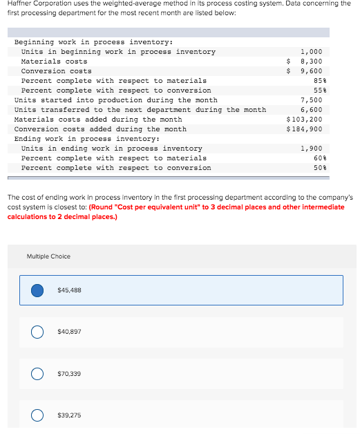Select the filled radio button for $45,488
(x=39, y=290)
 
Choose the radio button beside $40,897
(x=39, y=332)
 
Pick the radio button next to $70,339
(x=39, y=373)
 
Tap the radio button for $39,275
(x=39, y=415)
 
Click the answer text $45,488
(x=70, y=290)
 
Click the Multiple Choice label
(x=48, y=256)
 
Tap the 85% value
(x=317, y=81)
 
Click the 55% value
(x=317, y=91)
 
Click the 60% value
(x=317, y=158)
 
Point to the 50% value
(x=317, y=168)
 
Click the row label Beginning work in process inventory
(x=83, y=42)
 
